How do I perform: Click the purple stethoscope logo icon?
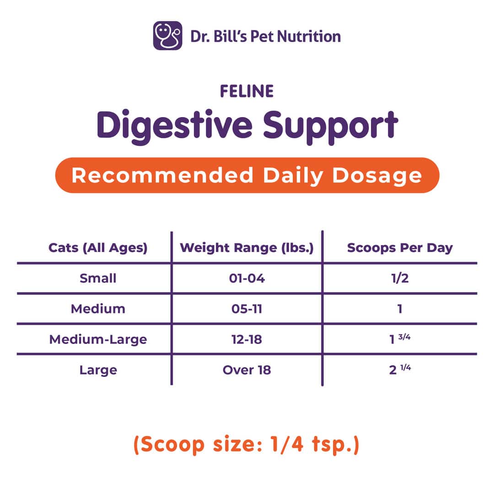click(x=167, y=36)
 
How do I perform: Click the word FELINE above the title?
click(x=247, y=91)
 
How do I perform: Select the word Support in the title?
click(x=331, y=127)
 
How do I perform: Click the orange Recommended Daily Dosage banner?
click(x=247, y=175)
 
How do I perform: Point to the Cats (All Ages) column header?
click(x=98, y=248)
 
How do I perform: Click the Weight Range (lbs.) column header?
click(x=247, y=248)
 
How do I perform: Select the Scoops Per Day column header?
click(x=400, y=248)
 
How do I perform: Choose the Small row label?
click(x=98, y=278)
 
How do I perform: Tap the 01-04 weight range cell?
click(x=247, y=278)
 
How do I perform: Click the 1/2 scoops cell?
click(x=400, y=278)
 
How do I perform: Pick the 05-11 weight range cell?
click(x=247, y=309)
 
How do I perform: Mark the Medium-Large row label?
click(x=98, y=339)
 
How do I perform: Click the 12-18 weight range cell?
click(x=247, y=339)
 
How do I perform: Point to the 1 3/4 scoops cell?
click(x=400, y=338)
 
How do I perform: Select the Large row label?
click(x=98, y=370)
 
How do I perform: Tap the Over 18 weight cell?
click(x=247, y=370)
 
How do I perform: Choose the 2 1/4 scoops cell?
click(x=400, y=369)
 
